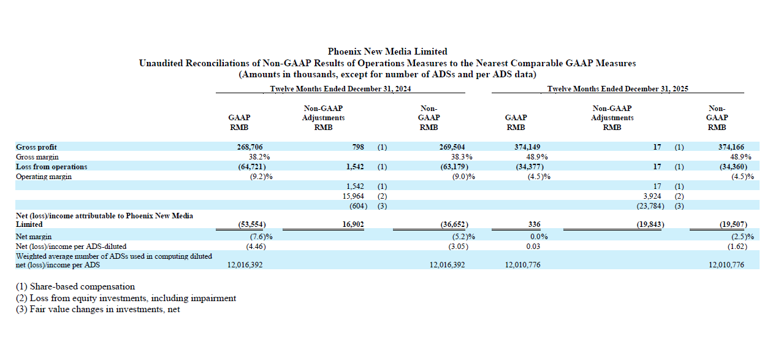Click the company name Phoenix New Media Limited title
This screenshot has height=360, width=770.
click(x=387, y=52)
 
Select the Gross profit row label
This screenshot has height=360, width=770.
click(x=36, y=147)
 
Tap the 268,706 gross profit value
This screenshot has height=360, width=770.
click(x=250, y=147)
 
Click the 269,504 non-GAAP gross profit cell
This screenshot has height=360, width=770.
click(x=452, y=147)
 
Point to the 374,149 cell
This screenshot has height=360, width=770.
click(x=527, y=147)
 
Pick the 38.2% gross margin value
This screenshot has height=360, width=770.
click(x=259, y=157)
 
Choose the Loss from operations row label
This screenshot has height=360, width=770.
click(x=51, y=167)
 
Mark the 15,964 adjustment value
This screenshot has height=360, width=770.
click(x=353, y=196)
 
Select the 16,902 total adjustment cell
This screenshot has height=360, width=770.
click(x=353, y=224)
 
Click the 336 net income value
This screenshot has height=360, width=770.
click(x=534, y=224)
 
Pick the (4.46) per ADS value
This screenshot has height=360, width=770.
click(x=256, y=247)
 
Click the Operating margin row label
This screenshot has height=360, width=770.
click(x=44, y=177)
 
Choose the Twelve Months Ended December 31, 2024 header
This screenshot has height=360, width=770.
click(x=340, y=89)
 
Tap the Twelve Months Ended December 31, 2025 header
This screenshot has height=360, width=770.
click(x=618, y=89)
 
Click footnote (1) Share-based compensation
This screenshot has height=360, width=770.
click(x=75, y=287)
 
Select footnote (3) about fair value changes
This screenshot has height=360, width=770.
click(x=98, y=309)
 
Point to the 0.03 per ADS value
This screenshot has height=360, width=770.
click(x=533, y=247)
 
